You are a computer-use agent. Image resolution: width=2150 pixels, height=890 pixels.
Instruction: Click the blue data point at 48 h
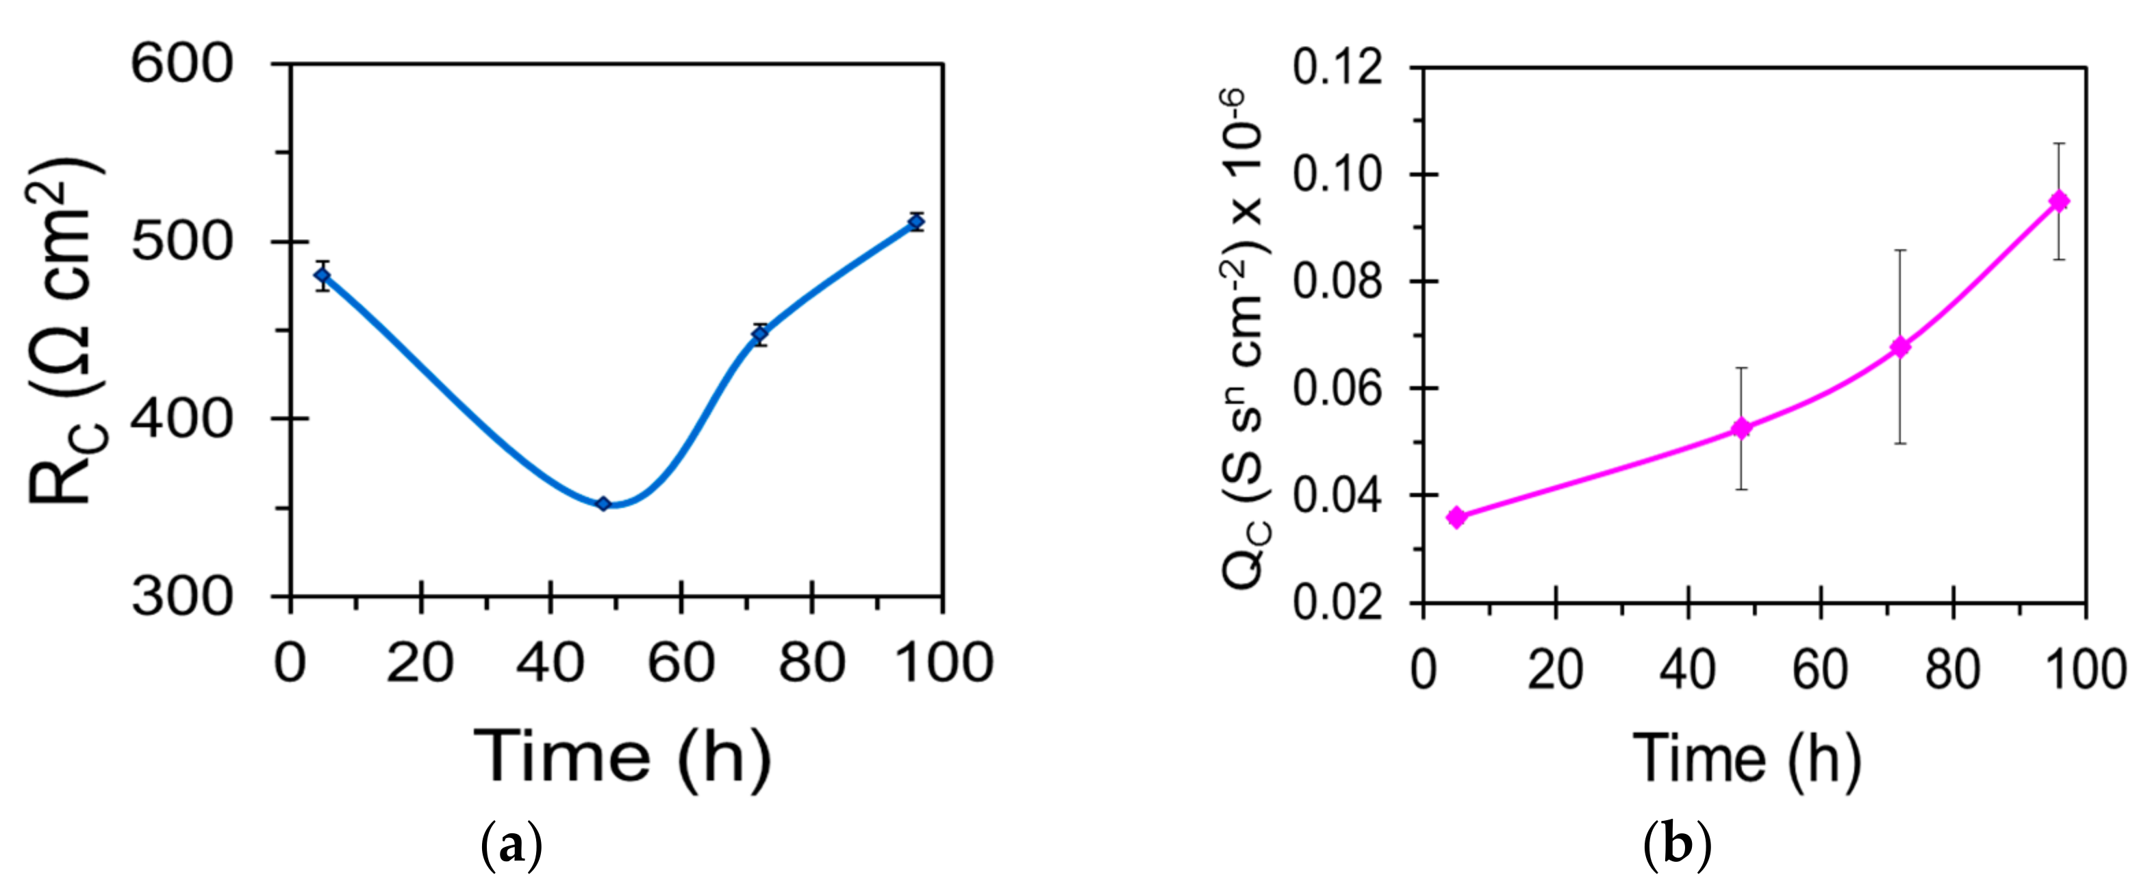603,503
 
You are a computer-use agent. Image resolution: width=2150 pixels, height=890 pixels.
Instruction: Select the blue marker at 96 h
916,222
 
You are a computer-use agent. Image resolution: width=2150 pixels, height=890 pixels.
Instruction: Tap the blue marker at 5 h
322,275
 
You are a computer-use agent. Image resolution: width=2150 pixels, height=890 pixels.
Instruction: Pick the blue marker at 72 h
759,334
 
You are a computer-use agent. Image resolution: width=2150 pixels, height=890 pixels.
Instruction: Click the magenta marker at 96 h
2059,201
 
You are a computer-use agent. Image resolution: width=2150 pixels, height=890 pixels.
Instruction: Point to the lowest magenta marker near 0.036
1456,518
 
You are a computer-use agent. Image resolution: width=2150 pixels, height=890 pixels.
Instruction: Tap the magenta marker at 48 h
1741,429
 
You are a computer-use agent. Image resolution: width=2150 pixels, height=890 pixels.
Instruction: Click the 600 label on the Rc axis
182,64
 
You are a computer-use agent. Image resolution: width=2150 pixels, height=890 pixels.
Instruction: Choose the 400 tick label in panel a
182,418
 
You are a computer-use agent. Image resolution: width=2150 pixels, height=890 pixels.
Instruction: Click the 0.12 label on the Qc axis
1337,67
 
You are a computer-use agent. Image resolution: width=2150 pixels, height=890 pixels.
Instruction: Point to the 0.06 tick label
1337,388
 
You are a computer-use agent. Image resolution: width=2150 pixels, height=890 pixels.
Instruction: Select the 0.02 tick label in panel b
1337,602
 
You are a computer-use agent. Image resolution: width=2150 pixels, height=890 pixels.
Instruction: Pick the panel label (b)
1677,845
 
